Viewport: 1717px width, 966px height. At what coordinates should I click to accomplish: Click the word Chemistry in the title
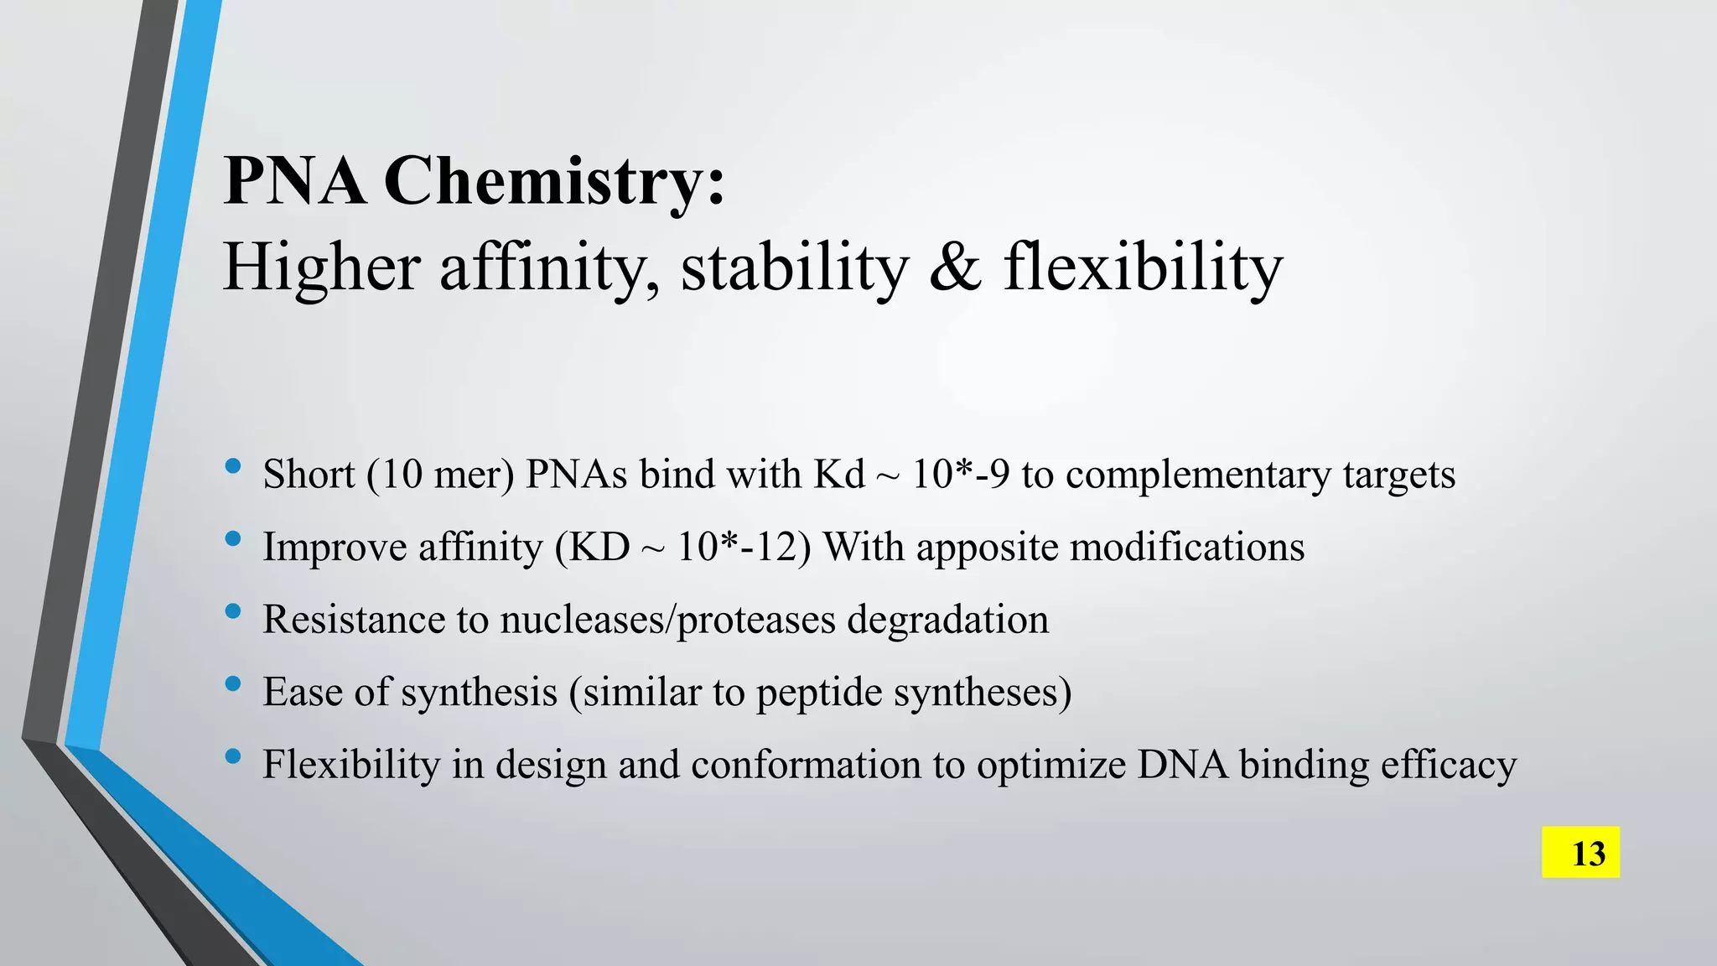(x=554, y=181)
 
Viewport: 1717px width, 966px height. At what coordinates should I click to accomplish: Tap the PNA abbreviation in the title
(x=295, y=181)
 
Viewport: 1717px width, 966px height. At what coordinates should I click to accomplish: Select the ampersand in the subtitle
(x=955, y=267)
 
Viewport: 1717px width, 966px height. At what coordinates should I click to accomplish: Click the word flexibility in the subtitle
(x=1143, y=267)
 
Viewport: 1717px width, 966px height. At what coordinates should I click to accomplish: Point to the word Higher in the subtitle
(x=321, y=267)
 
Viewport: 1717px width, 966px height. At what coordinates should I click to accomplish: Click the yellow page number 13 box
(x=1580, y=853)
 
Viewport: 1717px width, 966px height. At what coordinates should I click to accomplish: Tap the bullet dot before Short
(x=233, y=466)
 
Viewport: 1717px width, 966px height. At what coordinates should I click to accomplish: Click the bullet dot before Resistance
(x=233, y=611)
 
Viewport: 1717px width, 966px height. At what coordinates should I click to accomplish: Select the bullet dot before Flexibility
(x=233, y=756)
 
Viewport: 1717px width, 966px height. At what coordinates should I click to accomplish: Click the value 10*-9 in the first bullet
(x=960, y=475)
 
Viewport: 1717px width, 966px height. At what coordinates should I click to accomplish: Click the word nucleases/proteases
(x=668, y=621)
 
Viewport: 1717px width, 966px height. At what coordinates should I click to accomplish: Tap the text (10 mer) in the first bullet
(x=440, y=475)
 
